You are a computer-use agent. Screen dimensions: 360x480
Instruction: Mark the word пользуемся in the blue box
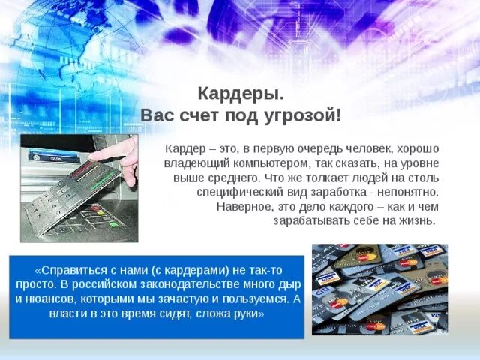[251, 298]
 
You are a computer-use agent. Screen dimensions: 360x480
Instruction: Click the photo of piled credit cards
[379, 289]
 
